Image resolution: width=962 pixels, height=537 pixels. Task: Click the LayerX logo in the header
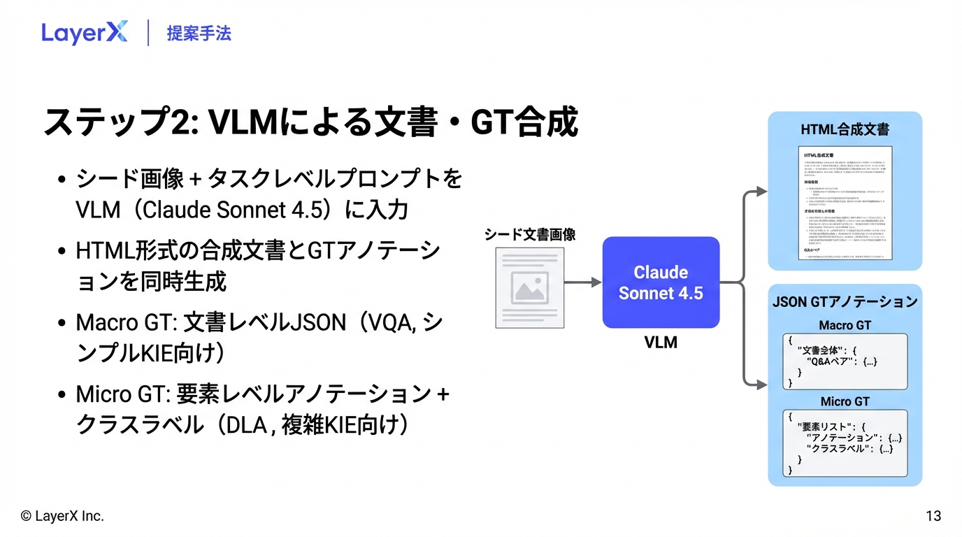(x=84, y=33)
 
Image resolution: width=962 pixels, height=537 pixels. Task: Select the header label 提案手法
(x=199, y=33)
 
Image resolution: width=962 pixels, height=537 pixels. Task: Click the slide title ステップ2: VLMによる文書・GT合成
(x=310, y=122)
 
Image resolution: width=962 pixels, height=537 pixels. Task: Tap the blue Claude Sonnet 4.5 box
(x=661, y=282)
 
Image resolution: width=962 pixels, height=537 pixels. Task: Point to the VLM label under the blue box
(x=661, y=343)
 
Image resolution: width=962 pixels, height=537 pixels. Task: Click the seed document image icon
(x=529, y=287)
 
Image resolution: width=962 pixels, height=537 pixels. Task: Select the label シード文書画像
(x=530, y=235)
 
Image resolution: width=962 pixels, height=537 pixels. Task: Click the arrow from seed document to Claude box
(x=582, y=282)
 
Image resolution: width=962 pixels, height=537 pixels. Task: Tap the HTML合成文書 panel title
(x=845, y=130)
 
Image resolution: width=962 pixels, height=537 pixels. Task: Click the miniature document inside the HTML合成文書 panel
(x=845, y=203)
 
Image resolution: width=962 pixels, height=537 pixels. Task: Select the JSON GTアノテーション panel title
(x=845, y=302)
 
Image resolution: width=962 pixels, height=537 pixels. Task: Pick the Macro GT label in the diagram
(x=845, y=325)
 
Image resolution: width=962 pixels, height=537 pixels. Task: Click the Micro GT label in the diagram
(x=845, y=401)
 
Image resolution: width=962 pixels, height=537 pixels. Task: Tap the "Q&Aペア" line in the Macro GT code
(x=841, y=361)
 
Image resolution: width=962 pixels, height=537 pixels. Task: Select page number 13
(x=933, y=517)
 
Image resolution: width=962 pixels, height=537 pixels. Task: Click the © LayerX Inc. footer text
(x=62, y=517)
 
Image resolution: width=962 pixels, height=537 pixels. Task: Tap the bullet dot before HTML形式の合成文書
(x=63, y=250)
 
